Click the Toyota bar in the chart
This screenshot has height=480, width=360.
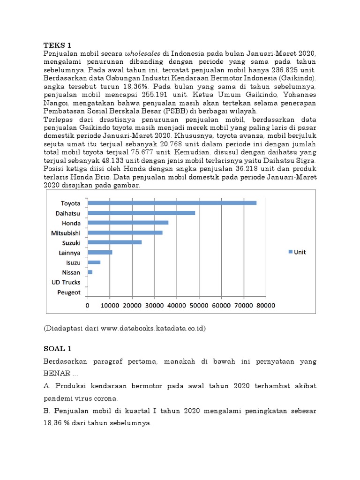coord(172,203)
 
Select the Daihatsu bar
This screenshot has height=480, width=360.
coord(141,213)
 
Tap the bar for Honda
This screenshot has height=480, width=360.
coord(128,223)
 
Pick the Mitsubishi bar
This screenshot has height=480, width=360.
coord(125,232)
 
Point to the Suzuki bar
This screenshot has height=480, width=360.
coord(115,242)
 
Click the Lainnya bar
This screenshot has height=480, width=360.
coord(100,252)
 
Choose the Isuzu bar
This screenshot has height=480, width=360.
coord(94,262)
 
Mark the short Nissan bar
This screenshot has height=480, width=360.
coord(90,272)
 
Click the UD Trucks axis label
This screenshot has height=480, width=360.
coord(66,282)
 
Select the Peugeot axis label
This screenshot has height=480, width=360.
coord(69,292)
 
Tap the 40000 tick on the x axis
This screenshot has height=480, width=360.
coord(176,305)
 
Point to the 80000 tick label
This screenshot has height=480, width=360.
coord(265,305)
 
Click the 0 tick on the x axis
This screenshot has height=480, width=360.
coord(88,305)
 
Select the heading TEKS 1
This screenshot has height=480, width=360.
coord(57,45)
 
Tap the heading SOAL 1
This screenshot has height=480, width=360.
coord(58,349)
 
